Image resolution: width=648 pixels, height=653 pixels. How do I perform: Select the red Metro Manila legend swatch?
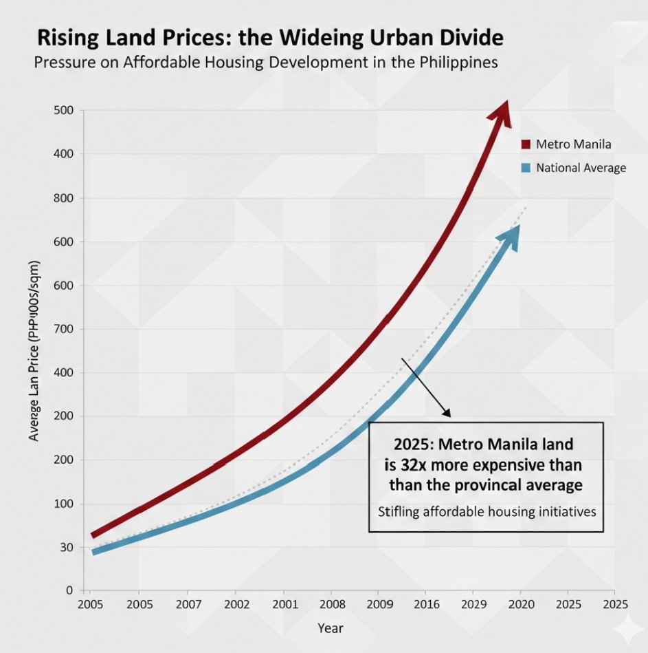point(526,144)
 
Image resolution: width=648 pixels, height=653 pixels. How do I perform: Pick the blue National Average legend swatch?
point(526,167)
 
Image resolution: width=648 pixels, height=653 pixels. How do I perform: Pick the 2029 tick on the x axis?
point(472,604)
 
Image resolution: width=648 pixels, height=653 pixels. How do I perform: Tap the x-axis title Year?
point(330,628)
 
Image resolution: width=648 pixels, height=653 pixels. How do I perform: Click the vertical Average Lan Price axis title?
point(34,351)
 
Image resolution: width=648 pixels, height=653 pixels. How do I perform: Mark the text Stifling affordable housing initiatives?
point(486,512)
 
